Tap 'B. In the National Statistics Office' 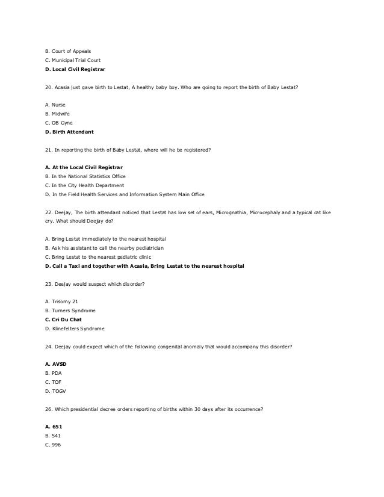(x=85, y=176)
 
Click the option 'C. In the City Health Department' (x=83, y=185)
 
